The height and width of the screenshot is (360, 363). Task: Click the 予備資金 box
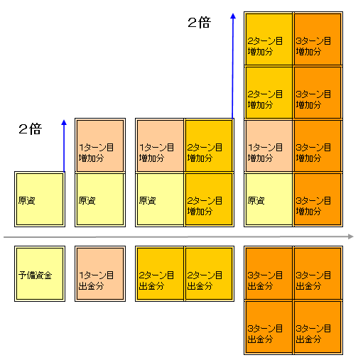(40, 273)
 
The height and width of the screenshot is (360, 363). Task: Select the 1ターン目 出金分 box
(100, 273)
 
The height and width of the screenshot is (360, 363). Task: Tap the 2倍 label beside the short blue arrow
(31, 129)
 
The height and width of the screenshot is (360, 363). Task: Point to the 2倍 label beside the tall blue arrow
(199, 23)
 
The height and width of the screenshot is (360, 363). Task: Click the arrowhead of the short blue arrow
(64, 122)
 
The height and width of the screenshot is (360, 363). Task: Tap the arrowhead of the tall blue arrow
(233, 16)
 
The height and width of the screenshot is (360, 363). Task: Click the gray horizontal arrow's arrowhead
(351, 236)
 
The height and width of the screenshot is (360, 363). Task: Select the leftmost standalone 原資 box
(40, 199)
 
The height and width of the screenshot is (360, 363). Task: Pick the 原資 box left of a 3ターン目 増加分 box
(269, 199)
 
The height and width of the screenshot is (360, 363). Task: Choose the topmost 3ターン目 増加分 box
(318, 39)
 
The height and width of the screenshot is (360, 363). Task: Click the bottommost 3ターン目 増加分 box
(318, 199)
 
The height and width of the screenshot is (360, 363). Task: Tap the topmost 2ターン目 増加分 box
(269, 39)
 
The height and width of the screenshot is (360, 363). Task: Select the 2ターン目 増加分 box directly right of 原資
(210, 199)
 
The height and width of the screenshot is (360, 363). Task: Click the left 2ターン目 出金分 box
(160, 273)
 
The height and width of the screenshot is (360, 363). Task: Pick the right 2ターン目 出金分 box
(210, 273)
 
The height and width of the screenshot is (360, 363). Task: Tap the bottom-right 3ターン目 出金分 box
(318, 327)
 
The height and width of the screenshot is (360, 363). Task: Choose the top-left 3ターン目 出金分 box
(269, 273)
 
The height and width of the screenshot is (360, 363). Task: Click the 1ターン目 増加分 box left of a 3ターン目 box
(269, 146)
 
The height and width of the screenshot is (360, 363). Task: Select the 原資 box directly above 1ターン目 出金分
(100, 199)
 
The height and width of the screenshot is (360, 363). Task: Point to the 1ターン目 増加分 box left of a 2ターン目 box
(160, 145)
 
